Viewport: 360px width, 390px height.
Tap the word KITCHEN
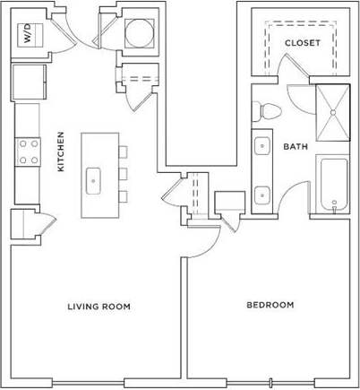[61, 152]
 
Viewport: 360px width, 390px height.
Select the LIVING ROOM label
[99, 307]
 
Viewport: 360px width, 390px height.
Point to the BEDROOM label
[270, 305]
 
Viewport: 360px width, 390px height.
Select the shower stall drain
[335, 112]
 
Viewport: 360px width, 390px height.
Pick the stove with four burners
[27, 151]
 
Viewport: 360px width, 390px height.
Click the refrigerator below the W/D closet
[26, 81]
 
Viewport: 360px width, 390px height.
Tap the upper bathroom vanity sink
[260, 145]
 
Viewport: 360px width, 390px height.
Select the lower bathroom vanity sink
[260, 192]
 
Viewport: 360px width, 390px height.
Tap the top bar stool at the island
[123, 152]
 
